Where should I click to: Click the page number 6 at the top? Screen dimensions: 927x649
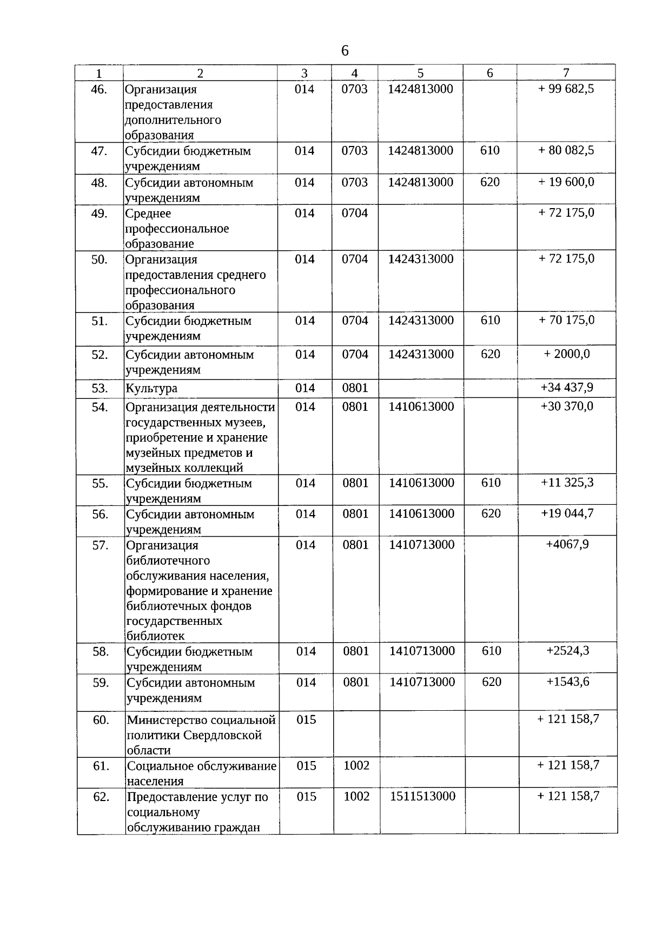pyautogui.click(x=345, y=51)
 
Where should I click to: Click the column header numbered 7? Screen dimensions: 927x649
pyautogui.click(x=566, y=73)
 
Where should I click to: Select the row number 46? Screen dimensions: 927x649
pyautogui.click(x=99, y=89)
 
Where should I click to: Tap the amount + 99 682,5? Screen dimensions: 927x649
pyautogui.click(x=566, y=89)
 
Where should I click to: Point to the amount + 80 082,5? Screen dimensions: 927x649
pyautogui.click(x=566, y=150)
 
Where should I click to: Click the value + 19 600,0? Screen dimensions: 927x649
pyautogui.click(x=566, y=182)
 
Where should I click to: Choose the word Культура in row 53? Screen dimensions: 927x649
pyautogui.click(x=151, y=388)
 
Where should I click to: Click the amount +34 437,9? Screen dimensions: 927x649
pyautogui.click(x=567, y=387)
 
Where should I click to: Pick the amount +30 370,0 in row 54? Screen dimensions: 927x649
pyautogui.click(x=567, y=406)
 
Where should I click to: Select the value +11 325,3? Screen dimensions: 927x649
pyautogui.click(x=567, y=482)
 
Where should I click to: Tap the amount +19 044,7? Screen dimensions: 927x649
pyautogui.click(x=567, y=513)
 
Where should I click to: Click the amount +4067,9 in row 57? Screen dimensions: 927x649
pyautogui.click(x=567, y=544)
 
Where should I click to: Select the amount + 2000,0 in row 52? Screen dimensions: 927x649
pyautogui.click(x=567, y=354)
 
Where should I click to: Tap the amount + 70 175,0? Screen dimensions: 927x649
pyautogui.click(x=566, y=320)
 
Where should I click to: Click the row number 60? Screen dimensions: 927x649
pyautogui.click(x=101, y=720)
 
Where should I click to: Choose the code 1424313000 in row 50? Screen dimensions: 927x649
pyautogui.click(x=421, y=259)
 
